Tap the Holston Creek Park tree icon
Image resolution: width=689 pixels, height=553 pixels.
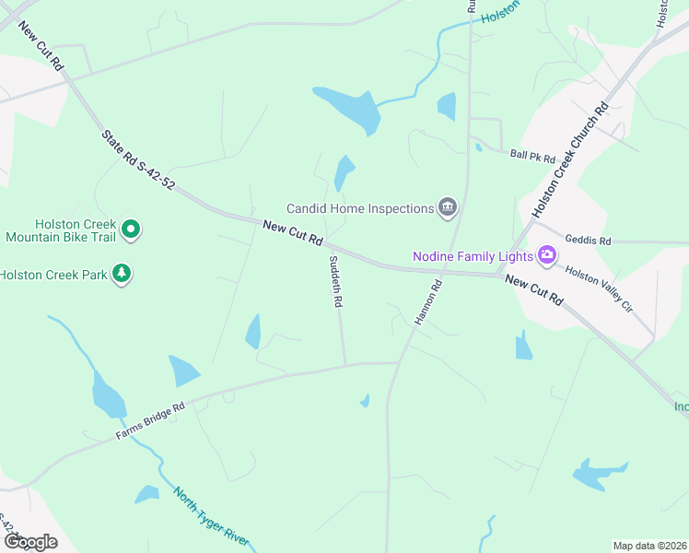coord(121,274)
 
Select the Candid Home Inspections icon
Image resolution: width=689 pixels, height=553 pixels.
coord(449,207)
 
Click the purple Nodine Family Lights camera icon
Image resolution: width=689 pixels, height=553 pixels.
coord(546,254)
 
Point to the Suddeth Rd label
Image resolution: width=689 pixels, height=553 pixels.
coord(336,281)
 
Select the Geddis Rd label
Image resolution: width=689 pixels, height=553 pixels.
coord(588,240)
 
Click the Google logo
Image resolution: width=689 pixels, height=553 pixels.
coord(29,541)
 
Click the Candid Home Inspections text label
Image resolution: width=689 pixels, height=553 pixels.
coord(359,208)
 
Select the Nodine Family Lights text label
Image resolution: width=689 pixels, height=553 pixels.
coord(473,255)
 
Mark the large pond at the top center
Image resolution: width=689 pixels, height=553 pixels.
coord(350,109)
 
